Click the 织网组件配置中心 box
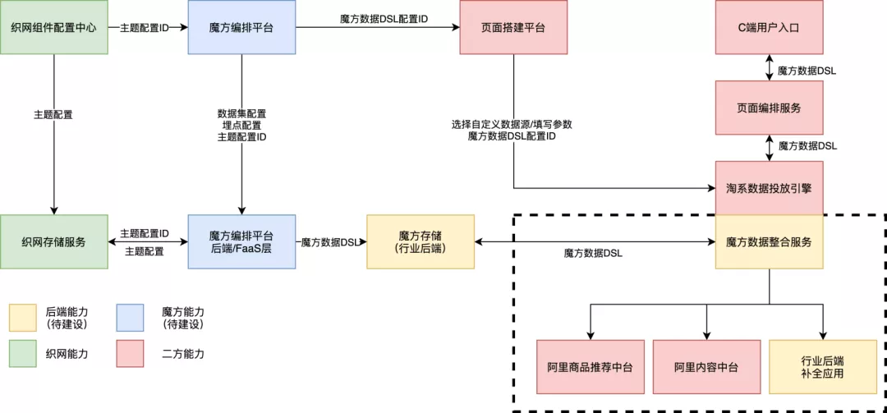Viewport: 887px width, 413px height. tap(53, 27)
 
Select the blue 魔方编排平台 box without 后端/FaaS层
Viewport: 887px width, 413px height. tap(241, 27)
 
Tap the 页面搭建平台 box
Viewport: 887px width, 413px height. tap(513, 27)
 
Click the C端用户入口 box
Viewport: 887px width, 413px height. tap(769, 27)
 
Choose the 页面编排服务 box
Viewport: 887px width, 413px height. tap(769, 108)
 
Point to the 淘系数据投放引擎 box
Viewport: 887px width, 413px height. tap(769, 188)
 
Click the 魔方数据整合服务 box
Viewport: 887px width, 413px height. tap(769, 242)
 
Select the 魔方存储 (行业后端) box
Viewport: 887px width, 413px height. tap(421, 241)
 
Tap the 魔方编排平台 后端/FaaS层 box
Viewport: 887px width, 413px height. tap(241, 241)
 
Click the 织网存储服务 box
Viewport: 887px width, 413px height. tap(53, 241)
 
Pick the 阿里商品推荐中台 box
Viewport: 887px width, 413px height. tap(591, 366)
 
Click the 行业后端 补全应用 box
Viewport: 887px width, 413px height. tap(822, 366)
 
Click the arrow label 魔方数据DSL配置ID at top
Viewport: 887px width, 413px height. tap(384, 19)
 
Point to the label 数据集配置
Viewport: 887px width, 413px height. tap(241, 112)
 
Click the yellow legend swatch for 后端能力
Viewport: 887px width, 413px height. tap(23, 318)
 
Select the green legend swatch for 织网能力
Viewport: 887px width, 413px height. tap(23, 354)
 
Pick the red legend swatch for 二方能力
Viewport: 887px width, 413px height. tap(130, 354)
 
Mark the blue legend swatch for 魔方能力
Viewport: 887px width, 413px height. tap(130, 318)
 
